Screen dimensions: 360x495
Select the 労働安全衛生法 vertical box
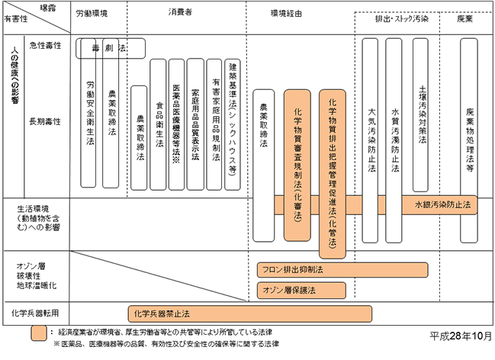pos(90,114)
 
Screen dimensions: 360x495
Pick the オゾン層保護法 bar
pos(289,290)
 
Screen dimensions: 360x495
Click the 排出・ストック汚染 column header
pos(401,18)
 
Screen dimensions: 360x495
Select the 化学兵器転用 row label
pos(35,313)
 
